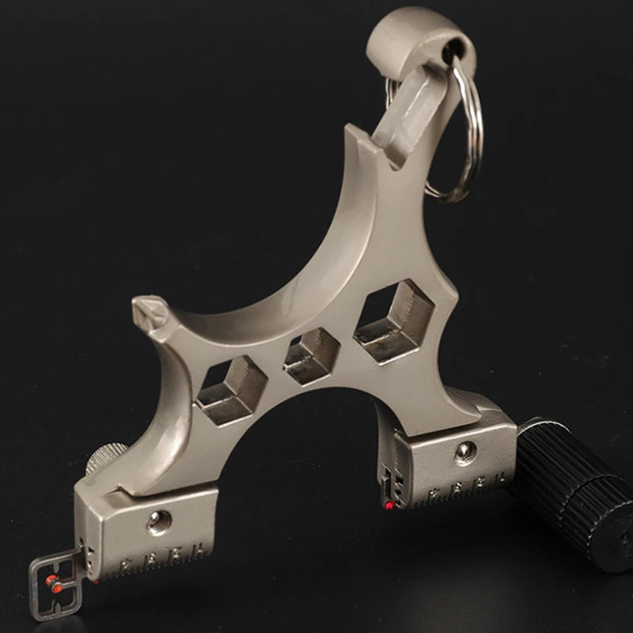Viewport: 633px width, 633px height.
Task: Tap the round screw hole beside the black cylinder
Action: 464,452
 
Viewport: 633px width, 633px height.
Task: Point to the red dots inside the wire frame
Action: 54,584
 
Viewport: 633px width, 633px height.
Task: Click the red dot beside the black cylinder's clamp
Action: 389,504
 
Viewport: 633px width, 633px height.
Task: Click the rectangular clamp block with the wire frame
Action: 150,530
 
